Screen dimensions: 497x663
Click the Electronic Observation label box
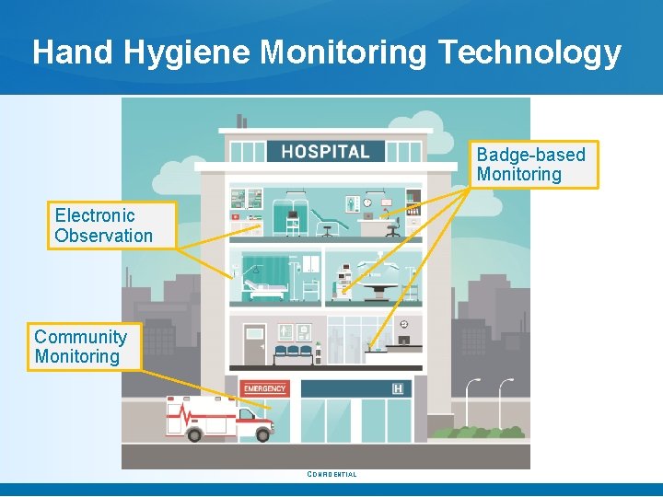103,225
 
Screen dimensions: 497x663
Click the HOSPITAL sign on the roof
325,152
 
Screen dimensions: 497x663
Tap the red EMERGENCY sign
265,388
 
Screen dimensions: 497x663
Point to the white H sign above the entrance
398,389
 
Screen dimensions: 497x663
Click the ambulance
219,419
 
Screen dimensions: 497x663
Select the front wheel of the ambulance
263,433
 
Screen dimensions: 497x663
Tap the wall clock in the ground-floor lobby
404,324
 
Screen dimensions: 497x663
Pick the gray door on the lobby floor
254,344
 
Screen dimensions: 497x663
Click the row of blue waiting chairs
294,351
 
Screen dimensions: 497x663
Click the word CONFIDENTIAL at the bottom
331,475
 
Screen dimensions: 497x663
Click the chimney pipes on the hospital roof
241,121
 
